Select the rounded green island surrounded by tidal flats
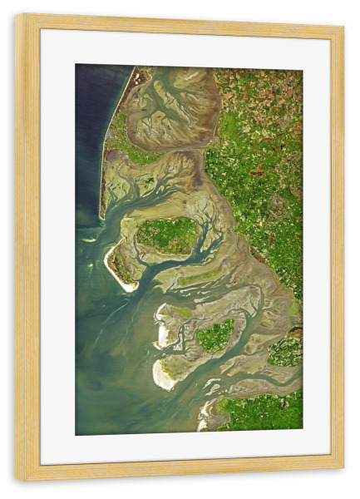click(x=216, y=334)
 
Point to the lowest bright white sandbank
click(x=164, y=376)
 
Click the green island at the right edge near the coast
click(x=285, y=351)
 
